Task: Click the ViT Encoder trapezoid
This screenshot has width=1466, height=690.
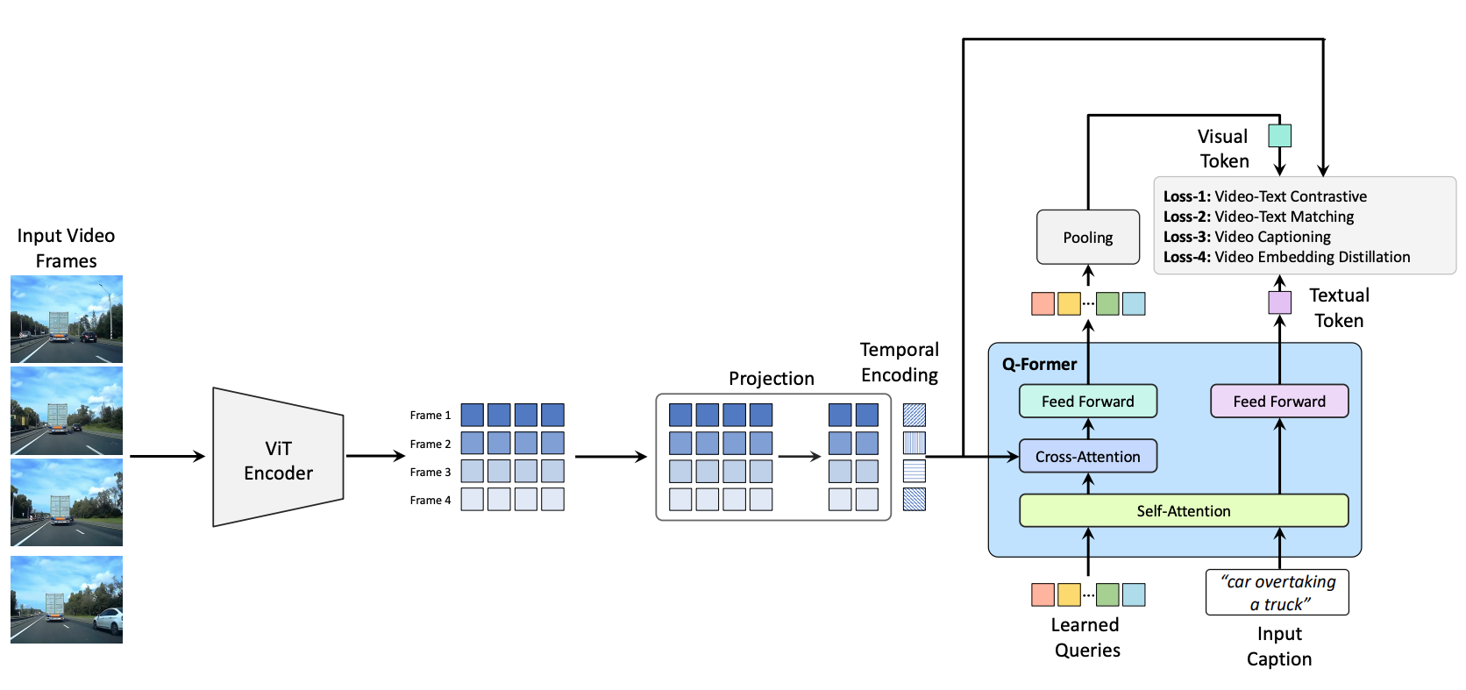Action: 278,458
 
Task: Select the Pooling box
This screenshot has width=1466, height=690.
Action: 1087,237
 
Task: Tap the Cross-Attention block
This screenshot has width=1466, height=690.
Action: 1087,456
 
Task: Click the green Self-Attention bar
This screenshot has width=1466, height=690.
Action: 1183,510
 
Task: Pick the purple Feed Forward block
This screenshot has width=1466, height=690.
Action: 1278,401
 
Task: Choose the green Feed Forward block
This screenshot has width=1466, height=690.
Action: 1087,401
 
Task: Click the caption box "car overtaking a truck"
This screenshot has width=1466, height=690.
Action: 1277,593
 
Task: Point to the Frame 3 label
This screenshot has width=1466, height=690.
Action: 430,472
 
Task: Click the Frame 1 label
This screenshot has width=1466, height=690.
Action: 430,416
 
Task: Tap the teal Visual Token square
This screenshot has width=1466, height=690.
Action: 1279,136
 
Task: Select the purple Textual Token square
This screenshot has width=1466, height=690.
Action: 1279,302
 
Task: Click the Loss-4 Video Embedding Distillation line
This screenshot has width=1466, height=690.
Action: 1286,257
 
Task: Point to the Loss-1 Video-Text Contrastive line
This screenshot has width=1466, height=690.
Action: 1264,196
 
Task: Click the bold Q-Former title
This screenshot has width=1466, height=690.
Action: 1039,364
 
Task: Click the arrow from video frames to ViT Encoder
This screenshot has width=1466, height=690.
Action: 167,456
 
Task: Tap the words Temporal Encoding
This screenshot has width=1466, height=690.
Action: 899,362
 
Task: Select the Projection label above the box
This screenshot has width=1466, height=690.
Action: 771,378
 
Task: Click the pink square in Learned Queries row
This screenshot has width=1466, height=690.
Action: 1043,594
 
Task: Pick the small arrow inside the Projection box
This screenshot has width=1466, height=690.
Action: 799,456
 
